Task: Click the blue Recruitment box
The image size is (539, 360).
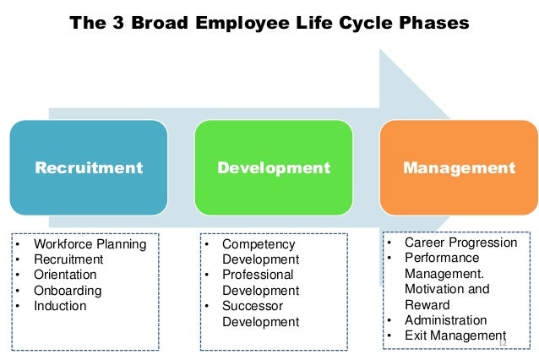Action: point(88,167)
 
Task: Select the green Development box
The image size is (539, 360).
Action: point(274,167)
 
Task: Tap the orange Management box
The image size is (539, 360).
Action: point(459,167)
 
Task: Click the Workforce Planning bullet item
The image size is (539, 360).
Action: point(90,244)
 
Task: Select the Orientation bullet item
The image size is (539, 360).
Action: point(65,275)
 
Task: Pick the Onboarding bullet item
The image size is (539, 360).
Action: point(68,290)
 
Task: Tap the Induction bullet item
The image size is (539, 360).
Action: point(60,305)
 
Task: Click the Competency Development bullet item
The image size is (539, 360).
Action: point(260,252)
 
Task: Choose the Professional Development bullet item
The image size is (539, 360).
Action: point(260,282)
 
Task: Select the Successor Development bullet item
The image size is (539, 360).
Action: point(260,314)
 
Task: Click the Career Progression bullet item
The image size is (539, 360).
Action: point(460,243)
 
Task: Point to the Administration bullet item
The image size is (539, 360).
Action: point(445,320)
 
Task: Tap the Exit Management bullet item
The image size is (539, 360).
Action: point(454,335)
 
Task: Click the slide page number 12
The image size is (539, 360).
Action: point(504,341)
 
